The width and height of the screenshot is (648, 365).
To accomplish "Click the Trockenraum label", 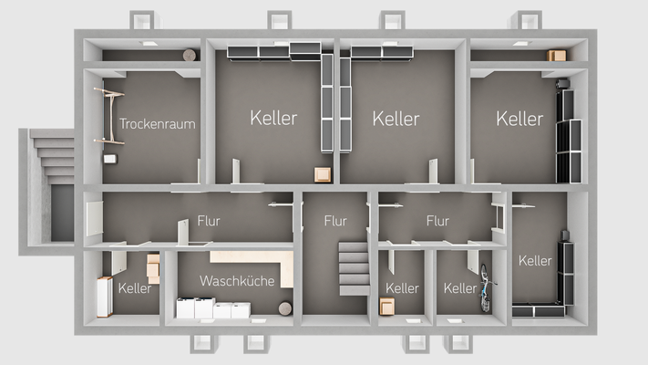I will coord(157,123).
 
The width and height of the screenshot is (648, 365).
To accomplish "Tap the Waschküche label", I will coord(237,281).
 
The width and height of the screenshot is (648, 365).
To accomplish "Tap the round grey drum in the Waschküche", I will coord(284,307).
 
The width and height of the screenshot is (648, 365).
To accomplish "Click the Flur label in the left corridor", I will coord(208,222).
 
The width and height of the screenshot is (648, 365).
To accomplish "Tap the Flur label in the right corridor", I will coord(437,221).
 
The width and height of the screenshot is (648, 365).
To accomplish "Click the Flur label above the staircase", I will coord(335,221).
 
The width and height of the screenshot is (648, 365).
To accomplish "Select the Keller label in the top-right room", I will coord(519,119).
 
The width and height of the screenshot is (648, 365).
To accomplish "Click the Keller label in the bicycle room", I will coord(460,288).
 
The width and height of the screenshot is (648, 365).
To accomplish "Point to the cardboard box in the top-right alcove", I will coord(556,56).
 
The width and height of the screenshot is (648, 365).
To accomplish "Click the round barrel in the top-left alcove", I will coord(189,56).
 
